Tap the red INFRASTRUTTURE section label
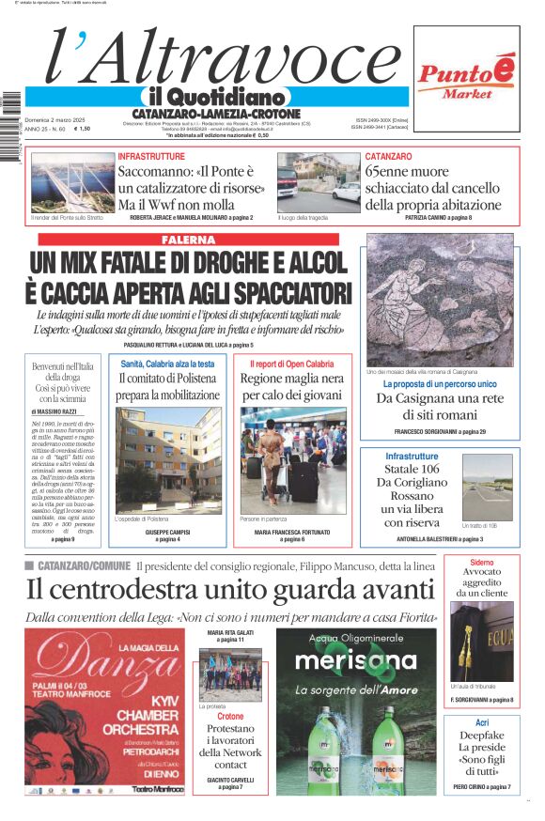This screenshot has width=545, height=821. coord(151,156)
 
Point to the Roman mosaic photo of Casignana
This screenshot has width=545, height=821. coord(440,300)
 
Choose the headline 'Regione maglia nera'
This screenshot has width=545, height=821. coord(292,387)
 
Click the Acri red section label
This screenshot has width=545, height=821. coord(481,722)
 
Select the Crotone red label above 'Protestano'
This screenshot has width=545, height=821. coord(230,716)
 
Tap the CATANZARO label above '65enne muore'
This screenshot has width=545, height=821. coord(388,156)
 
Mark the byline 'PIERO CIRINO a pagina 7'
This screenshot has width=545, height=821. coord(481,786)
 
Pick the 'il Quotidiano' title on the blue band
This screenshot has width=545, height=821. coord(216,97)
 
